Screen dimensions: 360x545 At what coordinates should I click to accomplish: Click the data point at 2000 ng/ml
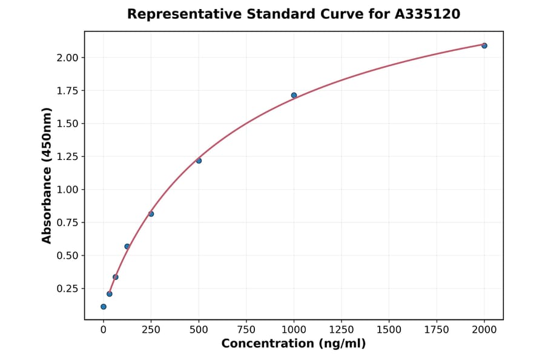click(x=484, y=45)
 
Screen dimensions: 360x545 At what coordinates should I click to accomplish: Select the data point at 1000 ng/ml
click(x=294, y=95)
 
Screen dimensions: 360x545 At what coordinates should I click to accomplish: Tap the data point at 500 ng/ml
click(x=199, y=161)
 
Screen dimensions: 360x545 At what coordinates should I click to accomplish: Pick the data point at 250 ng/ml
click(x=151, y=214)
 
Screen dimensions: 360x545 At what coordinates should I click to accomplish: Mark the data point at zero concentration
click(x=104, y=307)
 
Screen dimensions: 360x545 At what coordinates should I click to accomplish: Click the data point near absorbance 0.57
click(x=127, y=247)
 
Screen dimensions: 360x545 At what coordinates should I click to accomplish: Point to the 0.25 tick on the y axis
click(x=67, y=288)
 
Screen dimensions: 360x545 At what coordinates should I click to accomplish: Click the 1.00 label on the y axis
click(x=67, y=190)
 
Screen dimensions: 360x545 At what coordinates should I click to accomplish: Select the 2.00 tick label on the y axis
click(x=67, y=58)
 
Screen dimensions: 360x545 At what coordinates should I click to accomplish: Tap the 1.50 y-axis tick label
click(x=67, y=124)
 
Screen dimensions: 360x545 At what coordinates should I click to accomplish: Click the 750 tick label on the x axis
click(x=246, y=330)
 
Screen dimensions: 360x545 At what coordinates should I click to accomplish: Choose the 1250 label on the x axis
click(x=341, y=330)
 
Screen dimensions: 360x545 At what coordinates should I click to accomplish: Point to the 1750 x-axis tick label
click(x=437, y=330)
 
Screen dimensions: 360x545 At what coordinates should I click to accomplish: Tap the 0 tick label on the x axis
click(x=104, y=330)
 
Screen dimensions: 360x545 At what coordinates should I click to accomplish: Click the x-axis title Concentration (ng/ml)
click(x=294, y=344)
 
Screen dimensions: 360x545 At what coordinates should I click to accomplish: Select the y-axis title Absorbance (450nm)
click(x=47, y=175)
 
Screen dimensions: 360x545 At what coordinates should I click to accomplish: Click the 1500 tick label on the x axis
click(x=389, y=330)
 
